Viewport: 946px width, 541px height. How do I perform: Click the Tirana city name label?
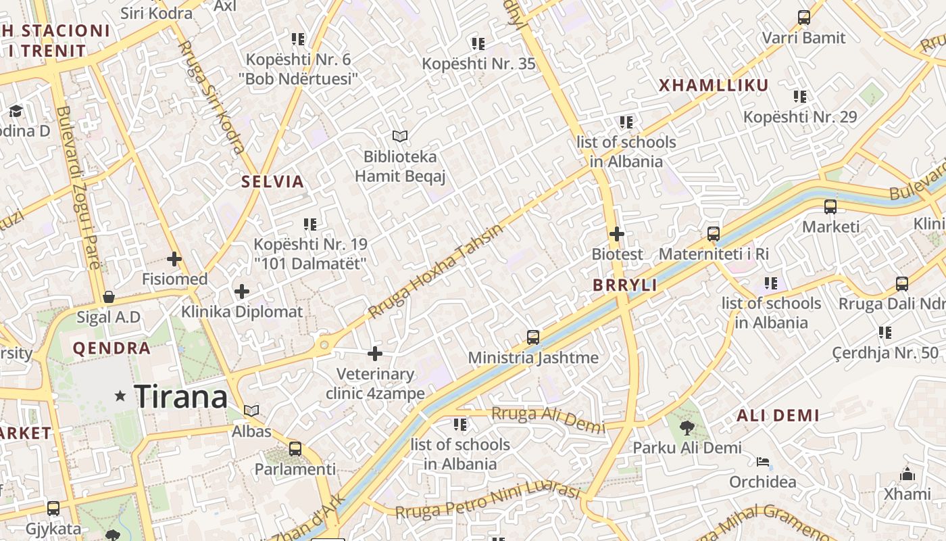(180, 396)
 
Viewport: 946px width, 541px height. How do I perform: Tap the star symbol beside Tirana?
(120, 396)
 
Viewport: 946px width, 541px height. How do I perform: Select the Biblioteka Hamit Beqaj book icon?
(400, 136)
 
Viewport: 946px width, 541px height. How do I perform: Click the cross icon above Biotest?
(616, 234)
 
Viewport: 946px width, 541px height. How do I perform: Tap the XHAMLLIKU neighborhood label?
(714, 85)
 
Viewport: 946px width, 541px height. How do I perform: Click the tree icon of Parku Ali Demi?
(687, 427)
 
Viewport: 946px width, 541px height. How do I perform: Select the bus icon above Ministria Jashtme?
(533, 337)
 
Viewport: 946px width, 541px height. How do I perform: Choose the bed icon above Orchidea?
(762, 463)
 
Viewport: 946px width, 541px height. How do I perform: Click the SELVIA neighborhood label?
(273, 181)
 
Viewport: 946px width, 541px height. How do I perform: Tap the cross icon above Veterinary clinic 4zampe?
(375, 354)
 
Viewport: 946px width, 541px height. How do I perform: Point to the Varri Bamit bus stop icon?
(803, 18)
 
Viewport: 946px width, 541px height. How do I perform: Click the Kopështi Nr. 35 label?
(478, 64)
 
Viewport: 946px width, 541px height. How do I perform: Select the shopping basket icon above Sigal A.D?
(108, 297)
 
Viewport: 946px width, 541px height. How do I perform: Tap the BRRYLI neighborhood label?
(625, 285)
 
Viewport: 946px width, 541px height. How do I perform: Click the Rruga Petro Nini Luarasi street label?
(488, 502)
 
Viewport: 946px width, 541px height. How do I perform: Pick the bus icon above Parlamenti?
(295, 448)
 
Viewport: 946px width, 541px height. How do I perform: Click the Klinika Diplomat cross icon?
(241, 291)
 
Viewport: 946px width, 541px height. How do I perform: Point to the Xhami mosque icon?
(907, 474)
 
